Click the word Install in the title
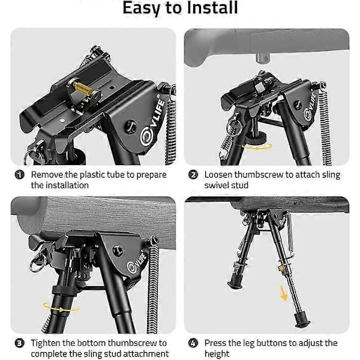pyautogui.click(x=212, y=8)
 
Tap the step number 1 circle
pyautogui.click(x=19, y=175)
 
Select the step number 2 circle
pyautogui.click(x=193, y=175)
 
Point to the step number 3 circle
pyautogui.click(x=19, y=343)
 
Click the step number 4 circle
pyautogui.click(x=193, y=343)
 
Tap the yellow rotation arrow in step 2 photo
pyautogui.click(x=257, y=147)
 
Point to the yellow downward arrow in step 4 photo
pyautogui.click(x=283, y=293)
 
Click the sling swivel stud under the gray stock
pyautogui.click(x=262, y=58)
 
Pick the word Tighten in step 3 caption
pyautogui.click(x=46, y=343)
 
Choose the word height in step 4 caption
pyautogui.click(x=217, y=353)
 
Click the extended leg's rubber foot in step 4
pyautogui.click(x=301, y=320)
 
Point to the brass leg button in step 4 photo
pyautogui.click(x=281, y=268)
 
